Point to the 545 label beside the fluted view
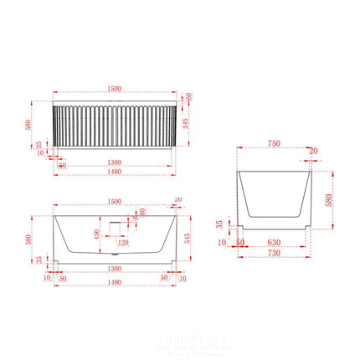185,126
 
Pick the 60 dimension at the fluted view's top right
189,99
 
